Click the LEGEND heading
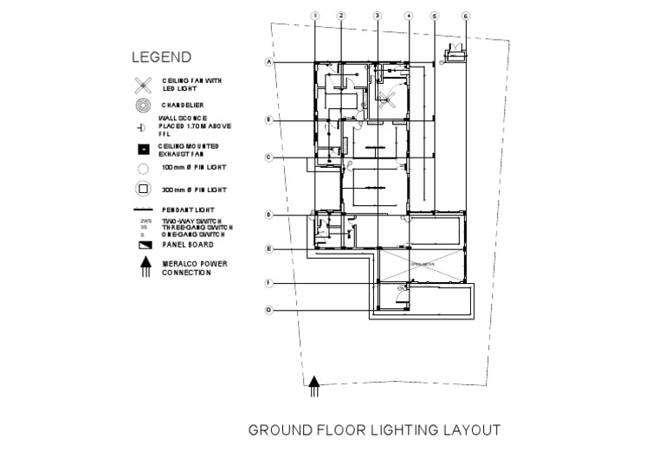161,58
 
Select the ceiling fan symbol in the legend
143,85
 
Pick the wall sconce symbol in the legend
143,127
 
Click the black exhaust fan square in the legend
143,148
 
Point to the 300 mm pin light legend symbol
143,189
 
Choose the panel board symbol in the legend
143,245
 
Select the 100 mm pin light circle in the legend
143,169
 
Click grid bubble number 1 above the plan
315,16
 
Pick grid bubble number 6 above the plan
466,16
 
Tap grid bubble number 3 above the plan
378,16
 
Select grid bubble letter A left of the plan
269,62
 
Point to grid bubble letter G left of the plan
269,310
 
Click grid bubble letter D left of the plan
269,214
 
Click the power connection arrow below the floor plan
315,385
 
